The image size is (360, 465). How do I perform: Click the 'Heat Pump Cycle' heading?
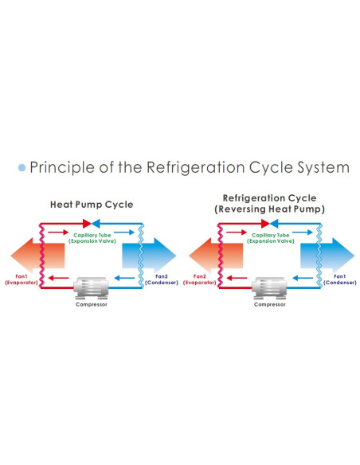pyautogui.click(x=92, y=205)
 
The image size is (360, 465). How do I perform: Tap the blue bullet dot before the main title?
pyautogui.click(x=22, y=169)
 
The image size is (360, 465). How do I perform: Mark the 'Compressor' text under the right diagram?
pyautogui.click(x=269, y=304)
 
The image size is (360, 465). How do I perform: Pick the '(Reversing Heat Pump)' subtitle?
pyautogui.click(x=270, y=209)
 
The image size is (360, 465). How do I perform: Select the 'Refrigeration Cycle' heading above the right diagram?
pyautogui.click(x=270, y=198)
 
